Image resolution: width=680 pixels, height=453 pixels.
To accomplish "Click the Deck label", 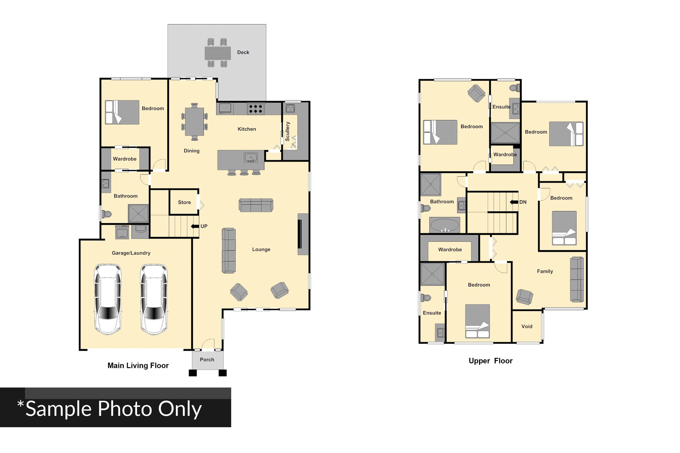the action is point(243,52).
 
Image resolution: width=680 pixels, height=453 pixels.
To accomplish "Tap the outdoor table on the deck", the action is point(218,53).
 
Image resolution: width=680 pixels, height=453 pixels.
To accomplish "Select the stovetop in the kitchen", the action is point(256,109).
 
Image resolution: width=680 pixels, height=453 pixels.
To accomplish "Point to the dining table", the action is point(194,122).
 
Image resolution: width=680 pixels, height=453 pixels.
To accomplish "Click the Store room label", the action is point(184,202).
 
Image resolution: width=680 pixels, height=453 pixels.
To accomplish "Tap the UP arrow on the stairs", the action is point(195,226).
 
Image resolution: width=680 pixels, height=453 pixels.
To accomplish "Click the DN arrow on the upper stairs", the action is point(514,202).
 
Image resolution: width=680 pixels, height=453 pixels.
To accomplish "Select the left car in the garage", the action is point(108,299).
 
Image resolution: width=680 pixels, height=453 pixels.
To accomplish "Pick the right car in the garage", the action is point(154,299).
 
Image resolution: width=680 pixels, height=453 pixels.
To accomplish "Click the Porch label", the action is point(207,359).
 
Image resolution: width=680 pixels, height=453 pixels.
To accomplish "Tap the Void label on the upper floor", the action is point(527,326).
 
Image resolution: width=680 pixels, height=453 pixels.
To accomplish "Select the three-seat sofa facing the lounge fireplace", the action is point(229,250).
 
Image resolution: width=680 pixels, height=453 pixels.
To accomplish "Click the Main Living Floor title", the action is point(138,366).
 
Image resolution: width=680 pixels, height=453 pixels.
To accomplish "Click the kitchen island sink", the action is point(251,158).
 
